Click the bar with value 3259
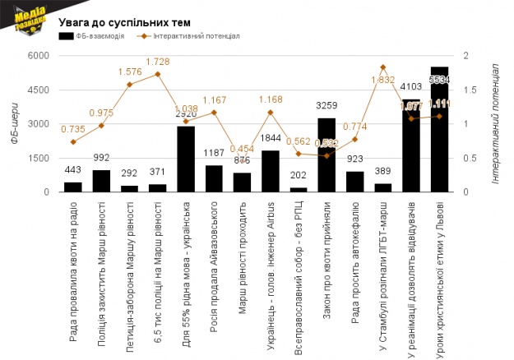[326, 155]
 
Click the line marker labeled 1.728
[158, 74]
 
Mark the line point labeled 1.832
[383, 67]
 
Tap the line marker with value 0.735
[73, 142]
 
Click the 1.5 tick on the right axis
[467, 90]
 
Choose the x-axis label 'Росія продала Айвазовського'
[214, 262]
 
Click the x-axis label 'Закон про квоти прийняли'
[326, 256]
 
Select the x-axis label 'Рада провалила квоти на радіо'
[73, 265]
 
